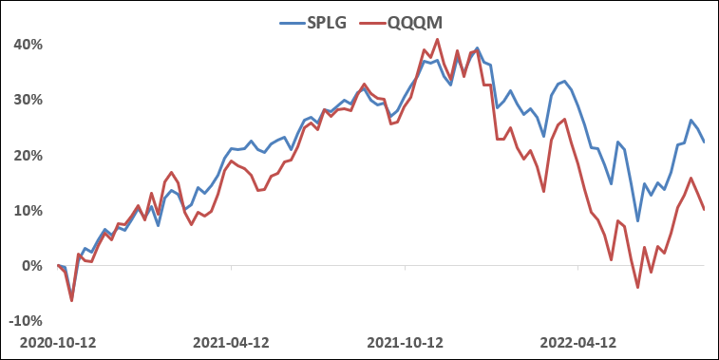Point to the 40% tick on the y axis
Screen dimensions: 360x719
pos(26,45)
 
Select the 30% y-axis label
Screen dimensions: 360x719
pos(26,100)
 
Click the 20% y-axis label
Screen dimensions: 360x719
pos(26,156)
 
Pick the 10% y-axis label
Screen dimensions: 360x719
pos(26,211)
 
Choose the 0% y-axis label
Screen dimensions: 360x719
pos(29,266)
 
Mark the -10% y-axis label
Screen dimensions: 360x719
pos(24,321)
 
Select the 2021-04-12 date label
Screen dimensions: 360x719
pos(231,340)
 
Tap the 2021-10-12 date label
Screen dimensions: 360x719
pos(405,340)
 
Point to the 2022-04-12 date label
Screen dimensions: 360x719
pos(577,340)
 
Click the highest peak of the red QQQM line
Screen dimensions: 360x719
pos(437,39)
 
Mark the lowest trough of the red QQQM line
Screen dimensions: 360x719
pos(637,287)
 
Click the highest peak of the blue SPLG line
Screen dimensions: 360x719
pos(477,47)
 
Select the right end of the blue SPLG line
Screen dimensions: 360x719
pos(704,142)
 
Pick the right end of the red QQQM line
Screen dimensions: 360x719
pos(704,210)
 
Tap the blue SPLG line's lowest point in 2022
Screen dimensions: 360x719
pos(637,220)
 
